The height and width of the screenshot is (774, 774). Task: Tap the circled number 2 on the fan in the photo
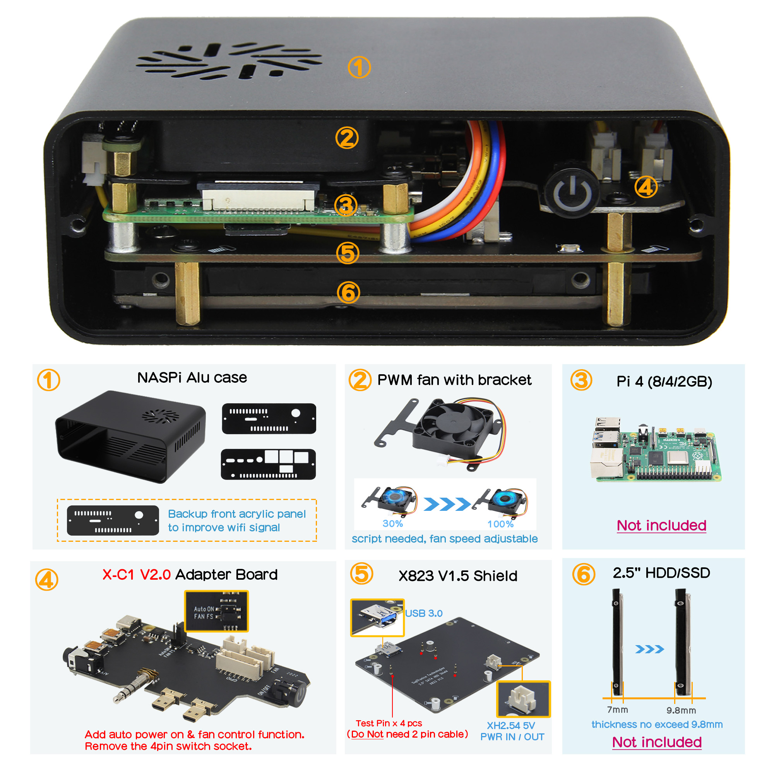click(x=347, y=138)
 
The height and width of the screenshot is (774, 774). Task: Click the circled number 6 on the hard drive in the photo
click(x=348, y=293)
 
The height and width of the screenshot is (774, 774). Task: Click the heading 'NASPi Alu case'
click(x=192, y=378)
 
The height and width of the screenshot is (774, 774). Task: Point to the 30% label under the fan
click(x=392, y=524)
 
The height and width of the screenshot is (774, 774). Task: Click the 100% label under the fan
click(x=500, y=524)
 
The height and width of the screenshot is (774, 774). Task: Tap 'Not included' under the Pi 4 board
click(x=661, y=525)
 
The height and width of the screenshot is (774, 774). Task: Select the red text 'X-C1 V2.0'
click(x=137, y=574)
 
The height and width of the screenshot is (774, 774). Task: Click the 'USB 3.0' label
click(x=423, y=613)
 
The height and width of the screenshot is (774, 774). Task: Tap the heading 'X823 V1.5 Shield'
click(x=458, y=576)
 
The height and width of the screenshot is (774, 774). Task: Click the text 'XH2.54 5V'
click(x=511, y=726)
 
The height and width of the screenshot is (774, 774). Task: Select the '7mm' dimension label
click(x=617, y=710)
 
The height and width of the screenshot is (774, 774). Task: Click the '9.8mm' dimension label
click(x=681, y=710)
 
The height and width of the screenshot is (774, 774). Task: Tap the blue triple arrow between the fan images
click(x=447, y=504)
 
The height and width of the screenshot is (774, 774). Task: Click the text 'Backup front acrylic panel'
click(x=237, y=514)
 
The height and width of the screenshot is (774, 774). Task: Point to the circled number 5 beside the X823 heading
click(x=361, y=574)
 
